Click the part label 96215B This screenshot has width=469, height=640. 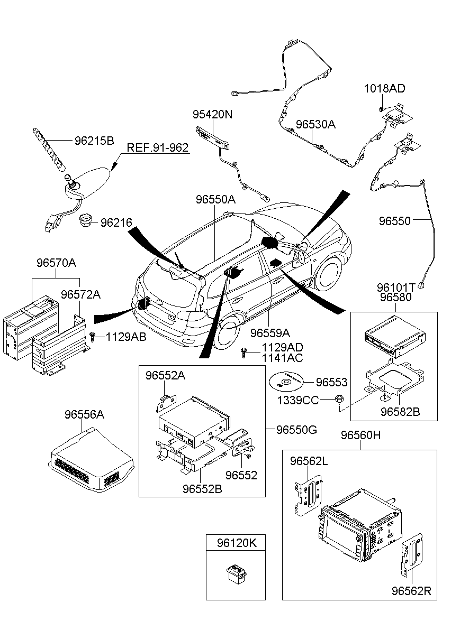point(94,141)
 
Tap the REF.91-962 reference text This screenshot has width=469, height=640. point(157,148)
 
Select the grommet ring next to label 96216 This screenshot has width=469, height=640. point(86,220)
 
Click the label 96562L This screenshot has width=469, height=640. point(309,461)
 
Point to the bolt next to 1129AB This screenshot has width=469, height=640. point(94,337)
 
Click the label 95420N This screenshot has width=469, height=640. point(212,115)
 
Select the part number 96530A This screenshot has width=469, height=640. point(315,125)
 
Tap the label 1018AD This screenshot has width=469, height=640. point(384,88)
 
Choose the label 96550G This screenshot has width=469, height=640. point(296,430)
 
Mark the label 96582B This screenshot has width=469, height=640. point(400,411)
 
